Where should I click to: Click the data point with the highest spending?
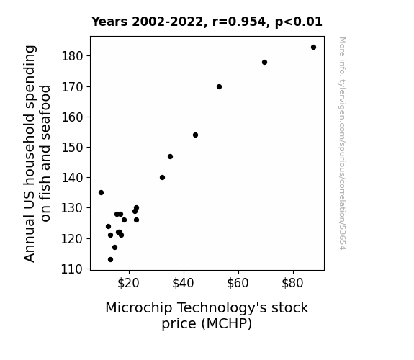coord(313,48)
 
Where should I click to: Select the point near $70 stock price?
coord(264,63)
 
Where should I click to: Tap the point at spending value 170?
coord(219,87)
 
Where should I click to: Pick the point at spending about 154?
coord(195,135)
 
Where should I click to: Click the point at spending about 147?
coord(171,157)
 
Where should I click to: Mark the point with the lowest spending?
coord(111,260)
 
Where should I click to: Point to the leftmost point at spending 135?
coord(101,192)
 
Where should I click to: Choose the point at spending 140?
coord(163,178)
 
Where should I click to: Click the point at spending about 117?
coord(115,247)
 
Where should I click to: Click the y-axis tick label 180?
coord(72,56)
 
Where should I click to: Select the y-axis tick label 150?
coord(72,148)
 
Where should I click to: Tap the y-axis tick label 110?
coord(72,269)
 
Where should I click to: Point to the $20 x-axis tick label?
coord(128,283)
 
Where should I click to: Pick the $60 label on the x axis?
coord(238,283)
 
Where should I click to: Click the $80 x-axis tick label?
coord(292,283)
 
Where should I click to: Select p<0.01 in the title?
coord(299,22)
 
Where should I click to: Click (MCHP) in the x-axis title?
coord(227,323)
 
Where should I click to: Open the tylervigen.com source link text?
coord(342,144)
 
